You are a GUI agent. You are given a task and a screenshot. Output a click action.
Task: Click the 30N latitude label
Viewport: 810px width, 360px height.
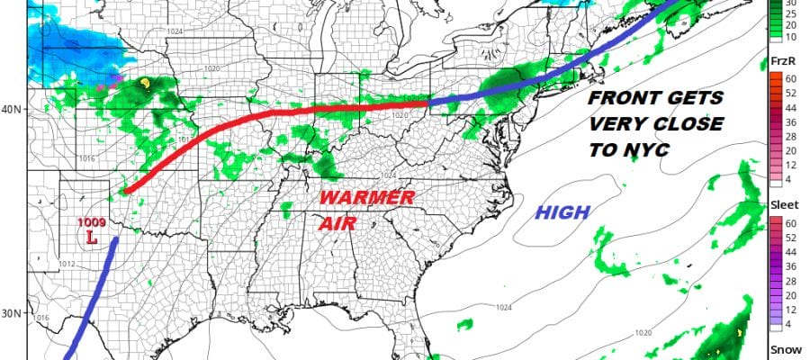coord(11,313)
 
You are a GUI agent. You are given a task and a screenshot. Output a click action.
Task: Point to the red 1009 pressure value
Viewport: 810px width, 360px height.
coord(90,222)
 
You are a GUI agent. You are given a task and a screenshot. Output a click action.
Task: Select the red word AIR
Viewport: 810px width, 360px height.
coord(335,222)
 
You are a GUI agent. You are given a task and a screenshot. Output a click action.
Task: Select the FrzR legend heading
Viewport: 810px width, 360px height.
coord(780,59)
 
